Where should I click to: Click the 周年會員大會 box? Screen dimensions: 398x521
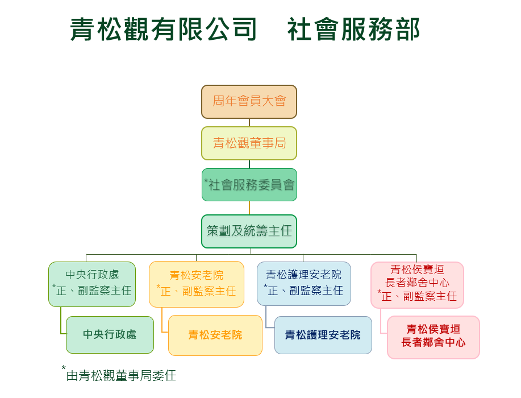click(x=249, y=102)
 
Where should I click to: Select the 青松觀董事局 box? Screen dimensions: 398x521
click(x=249, y=143)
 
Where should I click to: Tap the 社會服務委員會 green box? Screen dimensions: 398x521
click(x=249, y=185)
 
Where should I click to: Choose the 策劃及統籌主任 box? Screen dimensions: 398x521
click(x=249, y=231)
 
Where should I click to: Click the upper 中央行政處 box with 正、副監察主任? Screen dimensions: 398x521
click(x=92, y=284)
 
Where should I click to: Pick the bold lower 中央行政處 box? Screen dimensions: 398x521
click(x=110, y=335)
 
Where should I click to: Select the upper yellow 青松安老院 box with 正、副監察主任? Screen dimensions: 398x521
click(x=197, y=284)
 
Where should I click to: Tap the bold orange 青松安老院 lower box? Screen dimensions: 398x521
click(x=215, y=335)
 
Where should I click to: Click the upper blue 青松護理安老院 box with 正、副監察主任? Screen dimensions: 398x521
click(x=304, y=284)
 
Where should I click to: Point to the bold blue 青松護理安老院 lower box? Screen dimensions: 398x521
click(x=323, y=335)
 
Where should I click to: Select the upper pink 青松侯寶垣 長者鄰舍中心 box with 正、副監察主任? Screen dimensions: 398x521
click(x=417, y=285)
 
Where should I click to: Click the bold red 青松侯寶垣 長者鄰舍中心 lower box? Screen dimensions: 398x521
click(x=434, y=337)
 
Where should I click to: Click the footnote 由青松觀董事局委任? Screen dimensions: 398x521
click(x=122, y=376)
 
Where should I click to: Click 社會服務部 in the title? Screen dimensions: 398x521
click(x=353, y=30)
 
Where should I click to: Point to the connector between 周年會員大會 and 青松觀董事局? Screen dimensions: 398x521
click(x=249, y=122)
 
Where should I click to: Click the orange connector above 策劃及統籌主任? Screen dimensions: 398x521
click(x=249, y=208)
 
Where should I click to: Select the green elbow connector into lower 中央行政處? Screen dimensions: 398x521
click(x=61, y=324)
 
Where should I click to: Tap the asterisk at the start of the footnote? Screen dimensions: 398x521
click(x=64, y=368)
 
